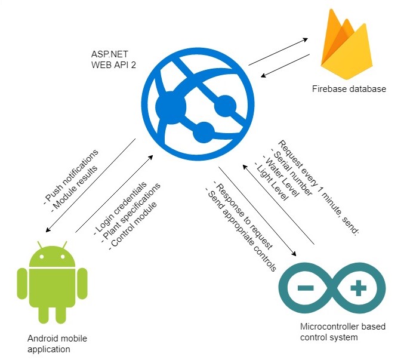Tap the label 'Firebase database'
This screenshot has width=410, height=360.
pos(349,90)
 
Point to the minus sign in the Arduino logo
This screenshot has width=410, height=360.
pos(306,288)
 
